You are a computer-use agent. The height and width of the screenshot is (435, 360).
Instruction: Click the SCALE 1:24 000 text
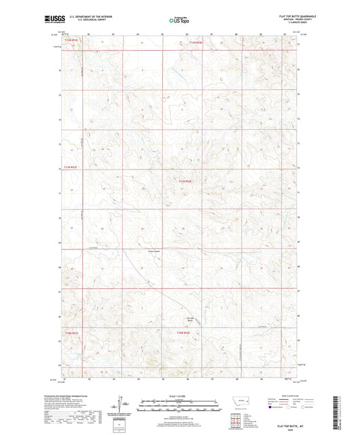(180, 395)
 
